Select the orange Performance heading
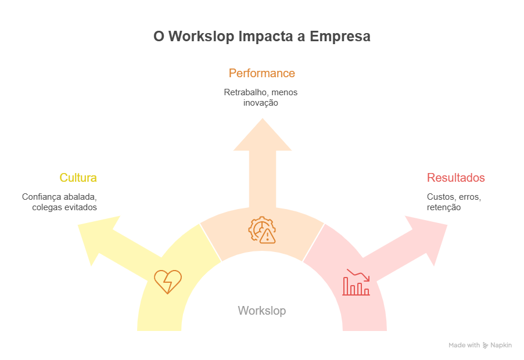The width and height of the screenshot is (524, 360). click(262, 73)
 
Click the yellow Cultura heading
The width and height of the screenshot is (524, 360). click(78, 178)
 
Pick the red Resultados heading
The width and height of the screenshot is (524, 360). click(456, 178)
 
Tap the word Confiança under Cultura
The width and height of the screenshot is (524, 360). click(42, 196)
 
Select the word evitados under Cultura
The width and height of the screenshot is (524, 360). click(80, 207)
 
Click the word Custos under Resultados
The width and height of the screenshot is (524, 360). click(440, 196)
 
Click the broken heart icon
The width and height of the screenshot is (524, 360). click(168, 281)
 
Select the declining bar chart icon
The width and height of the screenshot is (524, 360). click(356, 282)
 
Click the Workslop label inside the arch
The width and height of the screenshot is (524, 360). click(262, 311)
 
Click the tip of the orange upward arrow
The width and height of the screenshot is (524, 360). click(262, 118)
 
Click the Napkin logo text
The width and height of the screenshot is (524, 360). click(501, 345)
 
